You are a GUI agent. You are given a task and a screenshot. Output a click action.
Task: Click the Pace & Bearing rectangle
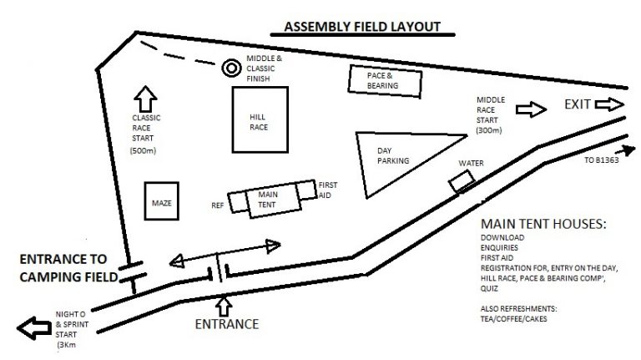(385, 79)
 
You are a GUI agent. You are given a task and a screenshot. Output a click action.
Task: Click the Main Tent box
(267, 200)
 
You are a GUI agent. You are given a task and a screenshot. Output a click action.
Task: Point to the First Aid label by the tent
(328, 189)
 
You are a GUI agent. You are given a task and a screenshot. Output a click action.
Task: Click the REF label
(218, 204)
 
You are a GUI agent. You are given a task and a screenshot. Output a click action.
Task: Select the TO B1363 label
(602, 159)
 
